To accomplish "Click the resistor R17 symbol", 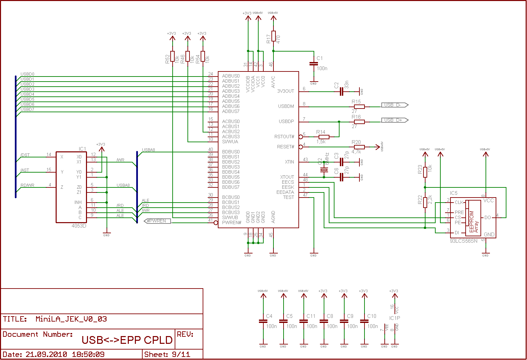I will [273, 36].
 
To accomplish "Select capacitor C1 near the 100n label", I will [314, 64].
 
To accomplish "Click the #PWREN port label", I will [157, 221].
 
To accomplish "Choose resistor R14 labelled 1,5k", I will [324, 137].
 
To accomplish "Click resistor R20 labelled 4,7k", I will [359, 147].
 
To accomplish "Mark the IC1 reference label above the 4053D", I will [83, 149].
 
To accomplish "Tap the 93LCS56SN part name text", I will [464, 241].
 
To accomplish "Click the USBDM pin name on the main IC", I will [286, 107].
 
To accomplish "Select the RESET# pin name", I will [286, 147].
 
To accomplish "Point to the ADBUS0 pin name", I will [231, 76].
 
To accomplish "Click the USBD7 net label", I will [27, 110].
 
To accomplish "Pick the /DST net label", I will [25, 155].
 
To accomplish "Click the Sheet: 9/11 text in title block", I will [167, 354].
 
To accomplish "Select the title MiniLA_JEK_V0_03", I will [71, 319].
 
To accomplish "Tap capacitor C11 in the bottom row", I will [303, 321].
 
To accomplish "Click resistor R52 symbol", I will [173, 56].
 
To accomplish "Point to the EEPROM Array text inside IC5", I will [474, 221].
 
